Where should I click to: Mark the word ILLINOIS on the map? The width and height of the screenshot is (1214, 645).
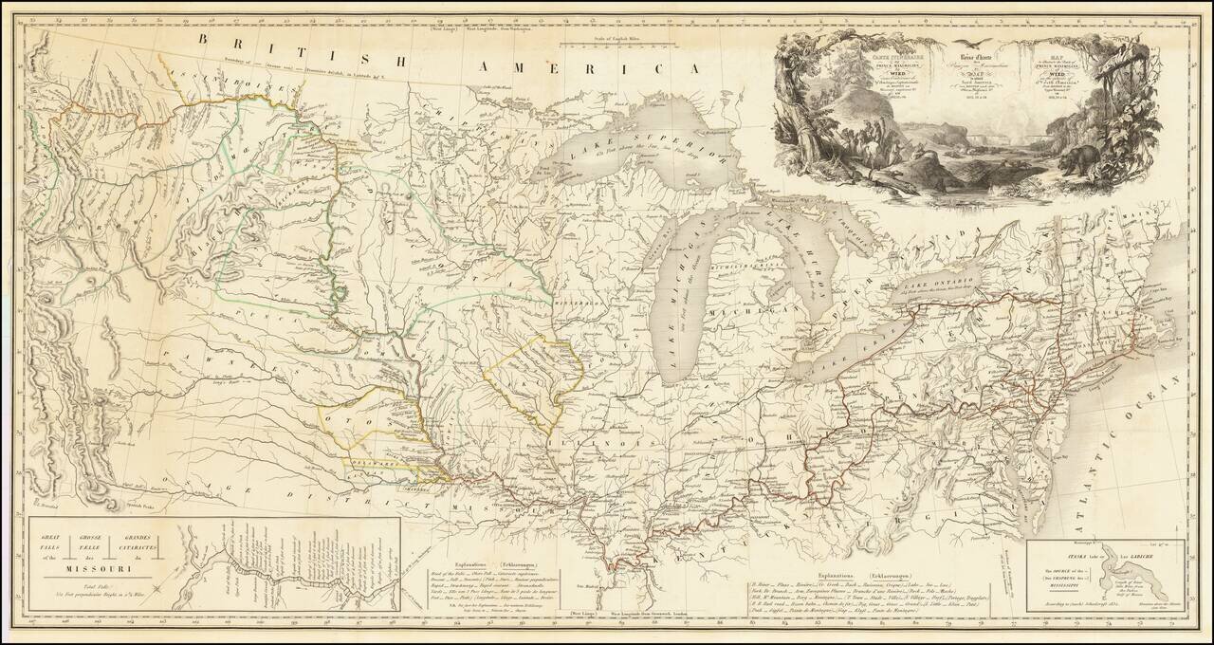[x=607, y=442]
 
